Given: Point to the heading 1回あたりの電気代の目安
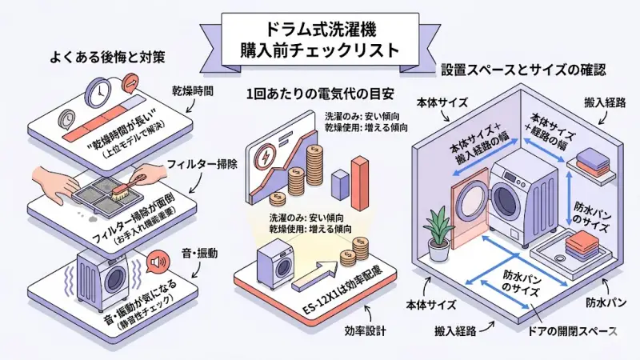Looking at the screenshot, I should coord(320,90).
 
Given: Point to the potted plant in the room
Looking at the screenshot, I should coord(439,231).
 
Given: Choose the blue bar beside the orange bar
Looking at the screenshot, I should coord(338,185).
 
